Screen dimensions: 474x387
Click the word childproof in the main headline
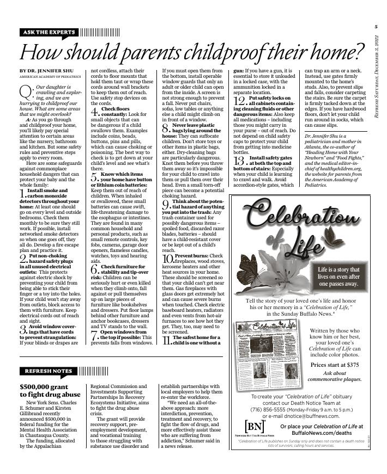(233, 53)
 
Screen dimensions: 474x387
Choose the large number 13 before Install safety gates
(239, 161)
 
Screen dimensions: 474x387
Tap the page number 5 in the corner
(376, 26)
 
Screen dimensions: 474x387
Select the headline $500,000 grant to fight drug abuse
(50, 390)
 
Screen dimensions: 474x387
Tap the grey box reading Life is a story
(338, 276)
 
